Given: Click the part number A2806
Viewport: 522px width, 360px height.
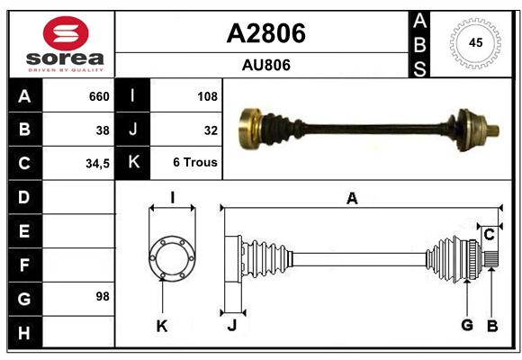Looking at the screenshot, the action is (x=266, y=33).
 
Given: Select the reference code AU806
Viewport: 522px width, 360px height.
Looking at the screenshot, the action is (x=266, y=65).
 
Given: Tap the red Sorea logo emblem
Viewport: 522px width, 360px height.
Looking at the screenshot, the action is (x=66, y=33).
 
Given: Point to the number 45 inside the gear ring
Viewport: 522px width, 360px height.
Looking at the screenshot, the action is (x=475, y=42).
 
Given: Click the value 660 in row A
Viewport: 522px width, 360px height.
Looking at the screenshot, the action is (x=99, y=96).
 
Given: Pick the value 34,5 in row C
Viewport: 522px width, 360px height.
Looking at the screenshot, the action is (x=97, y=164).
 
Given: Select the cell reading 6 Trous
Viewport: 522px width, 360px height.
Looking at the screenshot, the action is (x=195, y=162).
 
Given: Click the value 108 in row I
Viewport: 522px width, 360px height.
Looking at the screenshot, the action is (x=207, y=96).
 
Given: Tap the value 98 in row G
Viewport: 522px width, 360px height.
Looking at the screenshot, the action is (x=103, y=296).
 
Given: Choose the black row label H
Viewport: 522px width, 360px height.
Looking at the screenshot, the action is (x=24, y=333).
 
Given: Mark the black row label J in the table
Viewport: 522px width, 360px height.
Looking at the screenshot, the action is (x=133, y=129).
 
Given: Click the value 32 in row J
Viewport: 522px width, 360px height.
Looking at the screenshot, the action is (x=211, y=130).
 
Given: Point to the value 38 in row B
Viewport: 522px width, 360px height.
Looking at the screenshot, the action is (x=103, y=130).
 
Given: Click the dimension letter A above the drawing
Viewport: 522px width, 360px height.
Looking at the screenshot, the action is (x=352, y=199).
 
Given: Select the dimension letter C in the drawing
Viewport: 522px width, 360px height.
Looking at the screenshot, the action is (x=489, y=235).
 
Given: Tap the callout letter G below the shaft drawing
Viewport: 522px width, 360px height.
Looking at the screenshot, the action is (x=467, y=325).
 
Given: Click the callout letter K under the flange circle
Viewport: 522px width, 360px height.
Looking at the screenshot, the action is (x=162, y=326).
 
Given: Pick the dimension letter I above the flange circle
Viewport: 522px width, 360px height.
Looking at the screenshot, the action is (x=173, y=198).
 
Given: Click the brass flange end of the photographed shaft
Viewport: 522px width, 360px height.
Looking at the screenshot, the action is (x=248, y=129).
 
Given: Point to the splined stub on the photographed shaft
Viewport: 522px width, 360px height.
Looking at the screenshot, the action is (x=493, y=130).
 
